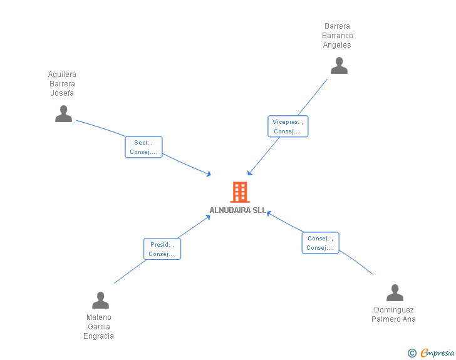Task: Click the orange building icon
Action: [240, 192]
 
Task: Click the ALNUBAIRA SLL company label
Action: [238, 210]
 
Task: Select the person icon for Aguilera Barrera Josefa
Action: [63, 114]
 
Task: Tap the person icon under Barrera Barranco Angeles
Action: [339, 66]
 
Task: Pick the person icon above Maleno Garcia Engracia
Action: [100, 300]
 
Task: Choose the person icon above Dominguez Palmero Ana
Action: [395, 292]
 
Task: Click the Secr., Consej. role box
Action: [143, 147]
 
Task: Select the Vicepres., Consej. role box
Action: [288, 126]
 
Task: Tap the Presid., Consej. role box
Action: [162, 249]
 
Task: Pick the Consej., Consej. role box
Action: [321, 243]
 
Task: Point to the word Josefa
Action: [62, 93]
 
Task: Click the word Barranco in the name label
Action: [338, 36]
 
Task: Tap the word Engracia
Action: [98, 336]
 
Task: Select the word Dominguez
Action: [394, 310]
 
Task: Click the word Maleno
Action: [99, 317]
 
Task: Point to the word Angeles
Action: [337, 45]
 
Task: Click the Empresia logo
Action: [437, 352]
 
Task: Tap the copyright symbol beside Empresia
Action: [412, 353]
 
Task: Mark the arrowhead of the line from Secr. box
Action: [209, 174]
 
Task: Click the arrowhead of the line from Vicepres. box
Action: [249, 173]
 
